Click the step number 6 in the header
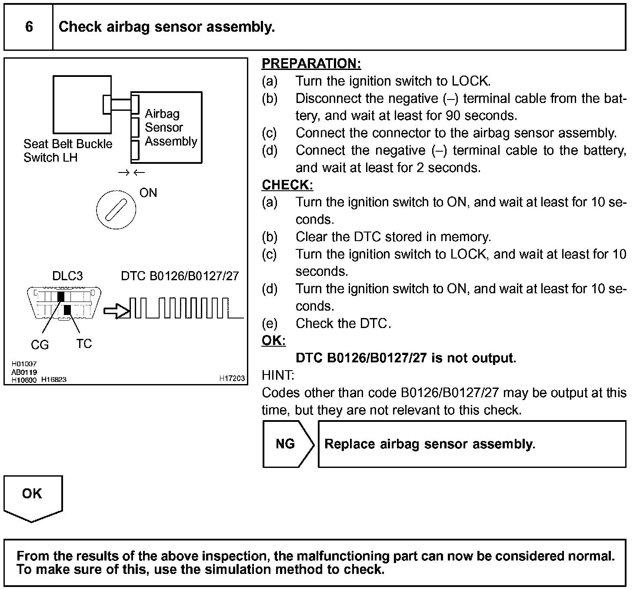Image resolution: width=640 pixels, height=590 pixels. click(29, 27)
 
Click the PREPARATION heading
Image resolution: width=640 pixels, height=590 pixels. click(311, 63)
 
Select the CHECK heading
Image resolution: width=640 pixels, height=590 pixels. click(287, 185)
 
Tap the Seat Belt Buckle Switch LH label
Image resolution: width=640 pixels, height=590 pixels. click(67, 150)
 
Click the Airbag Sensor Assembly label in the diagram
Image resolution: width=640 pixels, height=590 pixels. click(170, 127)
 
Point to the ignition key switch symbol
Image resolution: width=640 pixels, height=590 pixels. click(116, 210)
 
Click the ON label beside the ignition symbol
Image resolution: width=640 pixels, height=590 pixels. click(148, 193)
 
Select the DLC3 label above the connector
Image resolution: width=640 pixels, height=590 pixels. click(67, 276)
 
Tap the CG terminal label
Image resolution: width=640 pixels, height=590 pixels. click(40, 345)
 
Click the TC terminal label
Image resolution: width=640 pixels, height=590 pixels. click(84, 344)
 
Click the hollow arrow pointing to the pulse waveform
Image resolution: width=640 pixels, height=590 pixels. click(117, 311)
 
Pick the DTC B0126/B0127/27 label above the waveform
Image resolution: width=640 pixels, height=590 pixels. click(180, 276)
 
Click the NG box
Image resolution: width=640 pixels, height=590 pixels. click(286, 444)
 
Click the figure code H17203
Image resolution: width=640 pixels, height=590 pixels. click(232, 378)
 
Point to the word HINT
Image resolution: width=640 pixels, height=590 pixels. click(278, 375)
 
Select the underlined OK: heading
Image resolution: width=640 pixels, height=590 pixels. click(273, 341)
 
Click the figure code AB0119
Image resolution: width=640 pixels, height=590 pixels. click(24, 372)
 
